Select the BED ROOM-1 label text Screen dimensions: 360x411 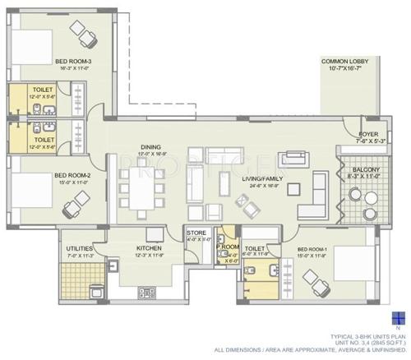pyautogui.click(x=312, y=249)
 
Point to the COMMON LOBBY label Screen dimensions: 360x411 pyautogui.click(x=344, y=62)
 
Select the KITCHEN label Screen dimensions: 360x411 pyautogui.click(x=149, y=248)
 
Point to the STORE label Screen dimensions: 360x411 pyautogui.click(x=195, y=233)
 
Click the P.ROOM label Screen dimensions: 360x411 pyautogui.click(x=227, y=247)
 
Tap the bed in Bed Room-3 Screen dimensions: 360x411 pyautogui.click(x=82, y=35)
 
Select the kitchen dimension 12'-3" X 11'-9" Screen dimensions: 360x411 pyautogui.click(x=149, y=256)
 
